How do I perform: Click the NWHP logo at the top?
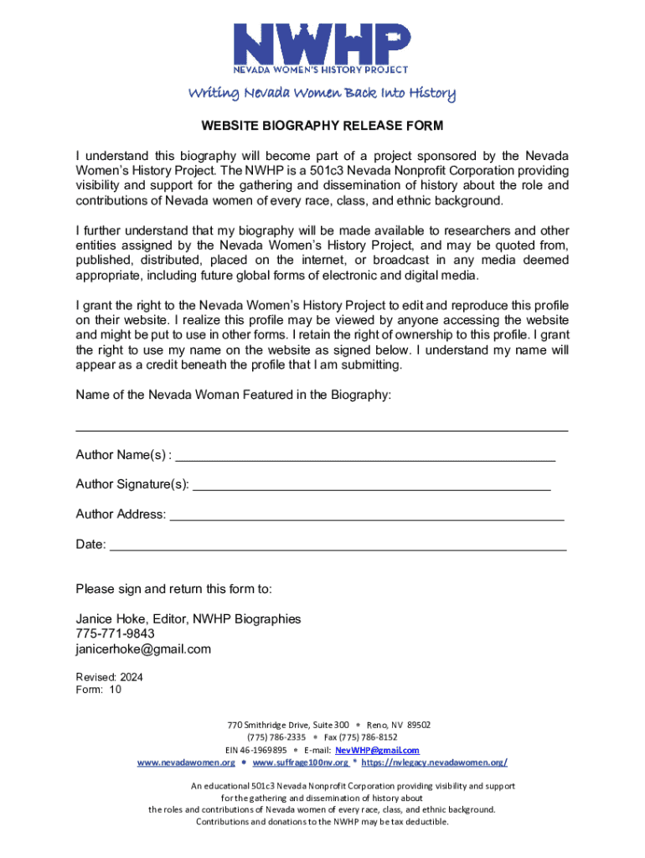point(321,46)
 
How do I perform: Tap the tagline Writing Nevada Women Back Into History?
point(321,93)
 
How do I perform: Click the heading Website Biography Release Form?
point(322,127)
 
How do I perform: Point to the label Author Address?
point(121,514)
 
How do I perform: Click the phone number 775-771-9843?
point(115,634)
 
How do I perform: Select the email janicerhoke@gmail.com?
point(143,649)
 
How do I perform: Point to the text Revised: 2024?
point(110,676)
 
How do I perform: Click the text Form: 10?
point(99,690)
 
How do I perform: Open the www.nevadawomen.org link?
point(186,762)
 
